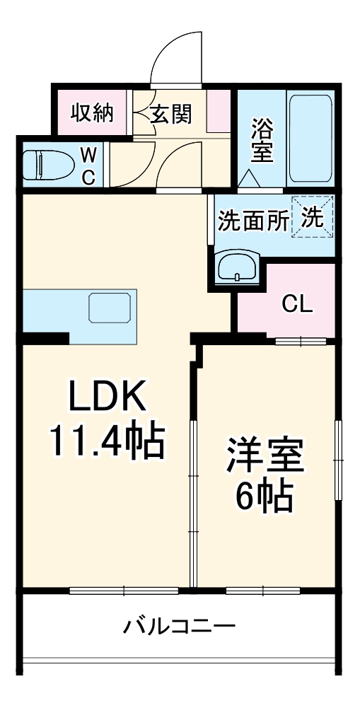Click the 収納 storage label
(92, 112)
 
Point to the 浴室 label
(262, 140)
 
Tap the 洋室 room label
(265, 455)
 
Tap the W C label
(88, 166)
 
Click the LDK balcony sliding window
(124, 590)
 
